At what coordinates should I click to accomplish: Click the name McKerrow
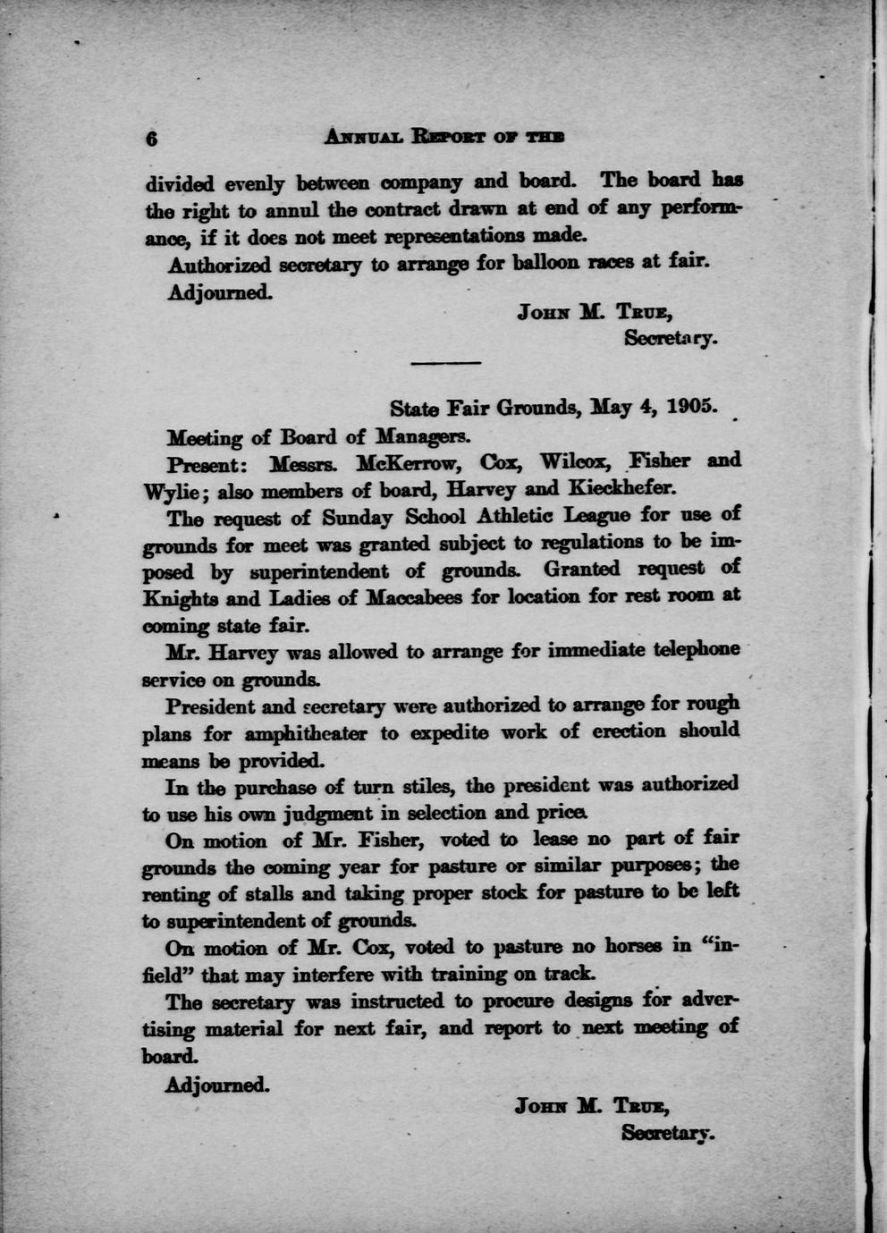[x=410, y=463]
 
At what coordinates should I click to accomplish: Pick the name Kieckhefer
[x=628, y=489]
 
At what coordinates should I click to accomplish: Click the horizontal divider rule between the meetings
[x=445, y=363]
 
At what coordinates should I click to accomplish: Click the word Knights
[x=180, y=597]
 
